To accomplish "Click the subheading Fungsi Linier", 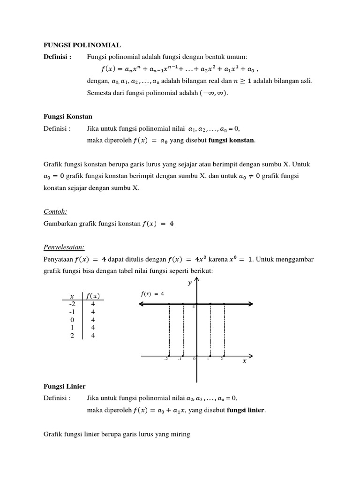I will point(63,386).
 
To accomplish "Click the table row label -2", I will point(71,304).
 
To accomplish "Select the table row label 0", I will point(72,320).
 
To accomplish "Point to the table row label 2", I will point(72,336).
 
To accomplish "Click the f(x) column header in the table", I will point(94,296).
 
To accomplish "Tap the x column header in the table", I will point(72,296).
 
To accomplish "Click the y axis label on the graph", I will point(189,283).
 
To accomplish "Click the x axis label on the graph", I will point(244,361).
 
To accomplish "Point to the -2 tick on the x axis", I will point(166,360).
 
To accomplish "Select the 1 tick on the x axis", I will point(208,360).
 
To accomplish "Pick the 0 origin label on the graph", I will point(194,360).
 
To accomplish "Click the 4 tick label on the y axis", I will point(193,307).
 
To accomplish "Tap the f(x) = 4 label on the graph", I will point(152,293).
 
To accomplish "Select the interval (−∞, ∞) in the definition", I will point(214,93).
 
